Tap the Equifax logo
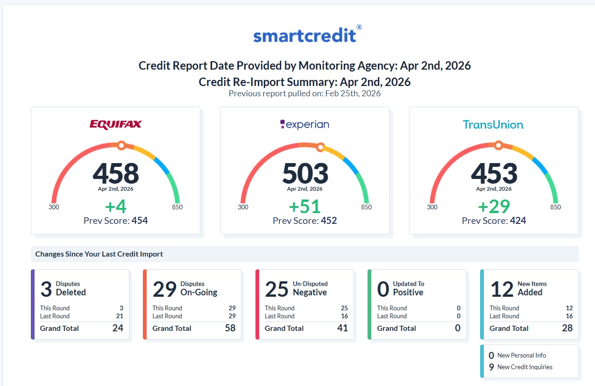(115, 124)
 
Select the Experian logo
(305, 124)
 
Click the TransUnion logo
(493, 124)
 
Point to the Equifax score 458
(115, 173)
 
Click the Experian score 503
(305, 173)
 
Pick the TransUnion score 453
(494, 173)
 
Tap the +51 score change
(305, 207)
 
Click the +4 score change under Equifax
(115, 207)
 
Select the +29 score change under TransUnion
(494, 207)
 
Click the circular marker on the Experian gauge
(320, 147)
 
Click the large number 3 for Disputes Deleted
(46, 289)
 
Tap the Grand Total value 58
(230, 328)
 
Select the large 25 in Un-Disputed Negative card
(277, 289)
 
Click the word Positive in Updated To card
(408, 293)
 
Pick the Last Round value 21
(120, 316)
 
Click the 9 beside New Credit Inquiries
(491, 367)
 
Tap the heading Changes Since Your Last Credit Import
(99, 254)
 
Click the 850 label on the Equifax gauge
(177, 207)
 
